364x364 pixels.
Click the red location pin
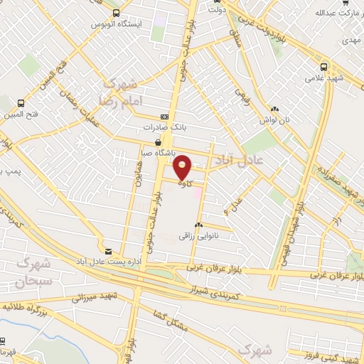tap(183, 166)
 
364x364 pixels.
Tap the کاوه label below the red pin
tap(183, 183)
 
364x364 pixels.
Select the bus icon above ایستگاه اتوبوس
tap(116, 13)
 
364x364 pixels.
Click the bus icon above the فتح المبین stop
tap(21, 103)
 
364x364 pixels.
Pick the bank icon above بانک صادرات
tap(165, 117)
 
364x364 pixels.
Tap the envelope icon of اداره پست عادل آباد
tap(108, 252)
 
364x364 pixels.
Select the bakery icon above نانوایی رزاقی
tap(198, 226)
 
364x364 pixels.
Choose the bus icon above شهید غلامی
tap(324, 66)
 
